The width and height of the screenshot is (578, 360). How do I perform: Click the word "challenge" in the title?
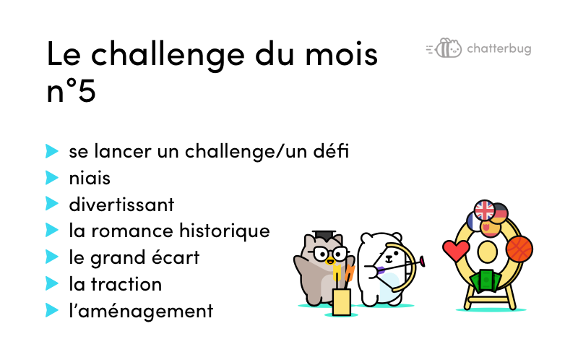[x=168, y=56]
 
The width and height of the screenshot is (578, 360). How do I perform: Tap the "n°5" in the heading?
[x=71, y=90]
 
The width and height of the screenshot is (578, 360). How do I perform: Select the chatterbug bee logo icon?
[x=444, y=48]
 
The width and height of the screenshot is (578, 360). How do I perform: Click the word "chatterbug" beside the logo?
[x=499, y=48]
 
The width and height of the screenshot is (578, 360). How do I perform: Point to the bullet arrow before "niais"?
[x=52, y=177]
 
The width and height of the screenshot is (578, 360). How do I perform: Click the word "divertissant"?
[x=121, y=205]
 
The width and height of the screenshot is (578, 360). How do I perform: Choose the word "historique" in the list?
[x=225, y=231]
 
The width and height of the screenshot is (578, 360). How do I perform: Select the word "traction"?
[x=126, y=284]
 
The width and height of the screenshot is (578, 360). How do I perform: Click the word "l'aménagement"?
[x=141, y=312]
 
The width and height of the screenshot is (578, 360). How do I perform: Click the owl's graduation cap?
[x=324, y=236]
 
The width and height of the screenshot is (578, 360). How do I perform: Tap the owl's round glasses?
[x=330, y=254]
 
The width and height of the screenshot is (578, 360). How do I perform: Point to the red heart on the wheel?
[x=456, y=250]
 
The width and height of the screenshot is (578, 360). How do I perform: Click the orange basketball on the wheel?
[x=519, y=249]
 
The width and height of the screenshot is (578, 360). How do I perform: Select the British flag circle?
[x=484, y=210]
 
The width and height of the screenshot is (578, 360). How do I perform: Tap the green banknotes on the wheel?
[x=486, y=280]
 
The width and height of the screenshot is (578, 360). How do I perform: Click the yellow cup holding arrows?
[x=341, y=302]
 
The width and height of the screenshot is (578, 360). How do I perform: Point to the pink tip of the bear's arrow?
[x=422, y=262]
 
